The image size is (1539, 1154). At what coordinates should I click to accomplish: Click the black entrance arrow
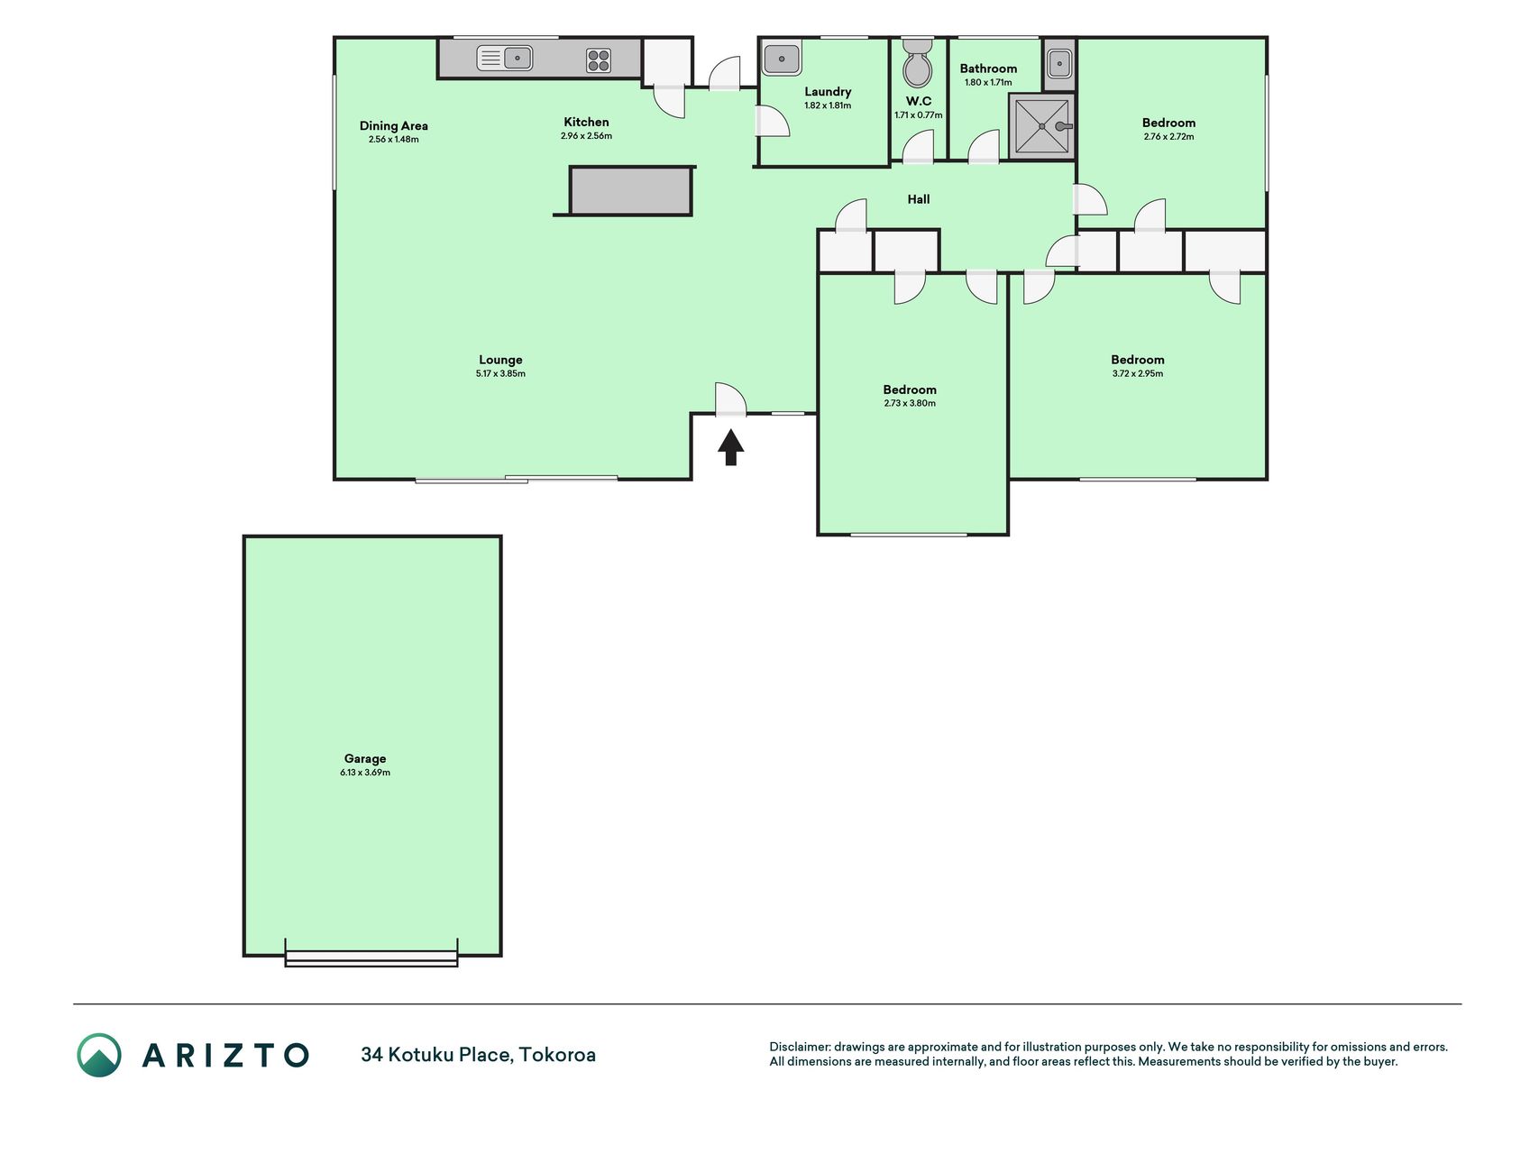coord(730,447)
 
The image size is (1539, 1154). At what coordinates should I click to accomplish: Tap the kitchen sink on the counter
coord(504,59)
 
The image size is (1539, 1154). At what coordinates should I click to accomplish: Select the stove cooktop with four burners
coord(599,60)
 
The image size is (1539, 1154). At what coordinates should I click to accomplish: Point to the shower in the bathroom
coord(1042,126)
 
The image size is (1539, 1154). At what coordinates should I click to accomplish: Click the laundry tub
coord(782,59)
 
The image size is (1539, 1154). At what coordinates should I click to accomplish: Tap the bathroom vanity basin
coord(1059,64)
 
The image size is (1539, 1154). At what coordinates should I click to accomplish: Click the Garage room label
coord(365,759)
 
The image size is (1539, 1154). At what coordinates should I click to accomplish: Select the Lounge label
coord(500,360)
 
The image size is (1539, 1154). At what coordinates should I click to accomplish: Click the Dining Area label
coord(394,126)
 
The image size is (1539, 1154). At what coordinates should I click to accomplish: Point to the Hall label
coord(919,199)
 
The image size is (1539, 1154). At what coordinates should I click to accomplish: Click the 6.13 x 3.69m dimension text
coord(365,773)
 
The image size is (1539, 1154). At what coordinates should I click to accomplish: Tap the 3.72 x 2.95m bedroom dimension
coord(1138,373)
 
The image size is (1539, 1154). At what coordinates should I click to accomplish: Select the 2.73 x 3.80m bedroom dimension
coord(910,403)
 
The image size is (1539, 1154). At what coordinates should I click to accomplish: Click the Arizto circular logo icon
coord(99,1055)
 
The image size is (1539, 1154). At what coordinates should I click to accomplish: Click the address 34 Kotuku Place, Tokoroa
coord(478,1055)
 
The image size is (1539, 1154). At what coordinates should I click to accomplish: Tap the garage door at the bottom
coord(371,958)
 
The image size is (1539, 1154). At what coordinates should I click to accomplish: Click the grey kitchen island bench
coord(631,190)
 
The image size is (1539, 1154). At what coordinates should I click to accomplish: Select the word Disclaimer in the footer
coord(800,1047)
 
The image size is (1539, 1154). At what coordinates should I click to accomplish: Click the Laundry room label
coord(828,92)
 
